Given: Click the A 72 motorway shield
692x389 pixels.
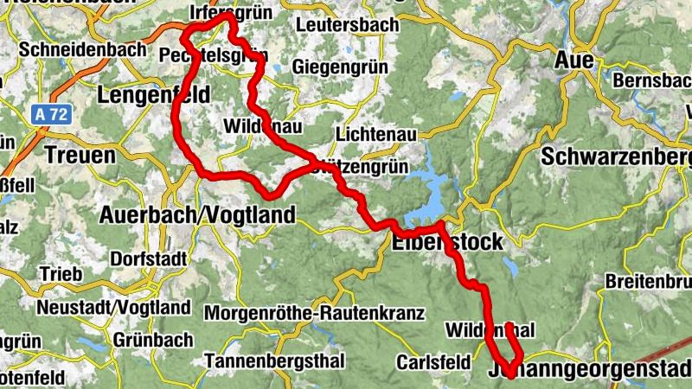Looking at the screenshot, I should pos(52,113).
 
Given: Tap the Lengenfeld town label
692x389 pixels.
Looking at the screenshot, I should pos(155,94).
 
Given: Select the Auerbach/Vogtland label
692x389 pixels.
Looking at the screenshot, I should pos(198,214).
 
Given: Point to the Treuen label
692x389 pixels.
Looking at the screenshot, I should pos(79,156).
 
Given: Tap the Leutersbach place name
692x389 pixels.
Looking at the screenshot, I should pos(347,25).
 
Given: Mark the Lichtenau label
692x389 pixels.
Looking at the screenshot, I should pos(375,135).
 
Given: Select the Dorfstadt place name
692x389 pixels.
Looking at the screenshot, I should pos(148,258).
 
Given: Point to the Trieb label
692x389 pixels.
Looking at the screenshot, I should pos(60,274).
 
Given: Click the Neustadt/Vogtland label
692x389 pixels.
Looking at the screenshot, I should pos(113,308).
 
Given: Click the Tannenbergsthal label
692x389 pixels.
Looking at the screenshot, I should pos(274,360).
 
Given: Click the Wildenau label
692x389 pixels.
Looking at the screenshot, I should pos(262,126).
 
